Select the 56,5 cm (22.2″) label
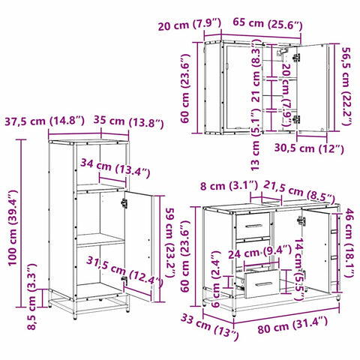tap(346, 84)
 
